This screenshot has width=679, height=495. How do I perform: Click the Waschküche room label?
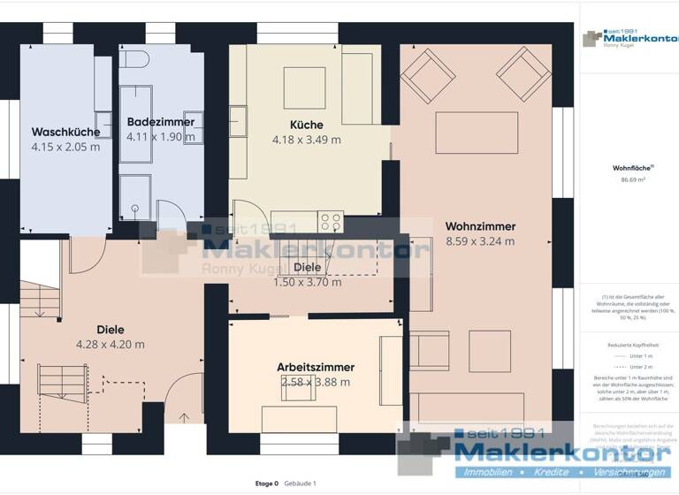[65, 131]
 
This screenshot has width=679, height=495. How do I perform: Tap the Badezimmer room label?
[160, 122]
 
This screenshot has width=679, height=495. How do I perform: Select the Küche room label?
[306, 125]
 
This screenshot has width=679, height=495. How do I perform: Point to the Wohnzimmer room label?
[480, 226]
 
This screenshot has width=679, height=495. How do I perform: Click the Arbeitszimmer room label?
[316, 367]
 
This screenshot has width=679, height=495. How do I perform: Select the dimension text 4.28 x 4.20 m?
[111, 345]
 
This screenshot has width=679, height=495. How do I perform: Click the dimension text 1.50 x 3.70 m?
[307, 282]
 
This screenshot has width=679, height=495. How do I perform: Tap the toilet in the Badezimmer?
[134, 58]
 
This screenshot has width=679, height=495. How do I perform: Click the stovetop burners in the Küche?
[331, 222]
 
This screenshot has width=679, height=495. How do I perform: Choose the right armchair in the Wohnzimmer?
[523, 70]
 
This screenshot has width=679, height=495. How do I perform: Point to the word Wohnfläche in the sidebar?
[628, 167]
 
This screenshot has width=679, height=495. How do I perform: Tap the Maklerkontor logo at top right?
[628, 39]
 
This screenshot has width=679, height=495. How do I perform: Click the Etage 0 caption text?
[266, 484]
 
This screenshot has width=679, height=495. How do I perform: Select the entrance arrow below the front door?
[184, 418]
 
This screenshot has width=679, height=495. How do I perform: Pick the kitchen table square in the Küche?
[305, 87]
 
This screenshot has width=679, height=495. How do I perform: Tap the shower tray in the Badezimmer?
[135, 195]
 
